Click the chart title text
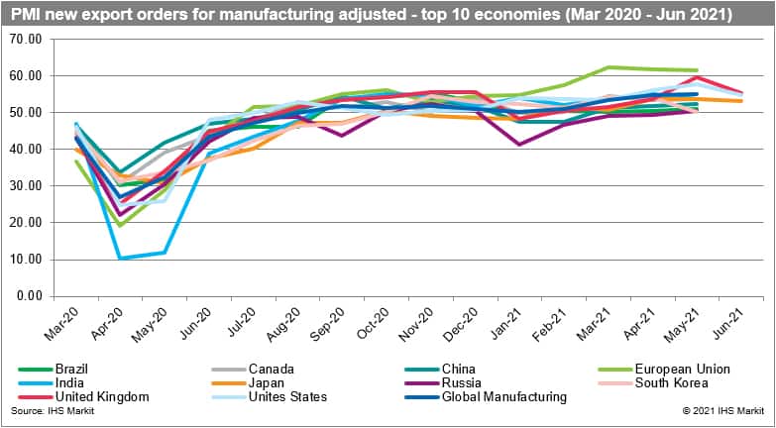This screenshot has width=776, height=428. tap(372, 15)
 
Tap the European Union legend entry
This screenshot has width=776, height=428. tap(660, 369)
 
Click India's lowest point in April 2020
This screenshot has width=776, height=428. tap(121, 259)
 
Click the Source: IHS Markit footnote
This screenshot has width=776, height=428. tap(44, 410)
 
